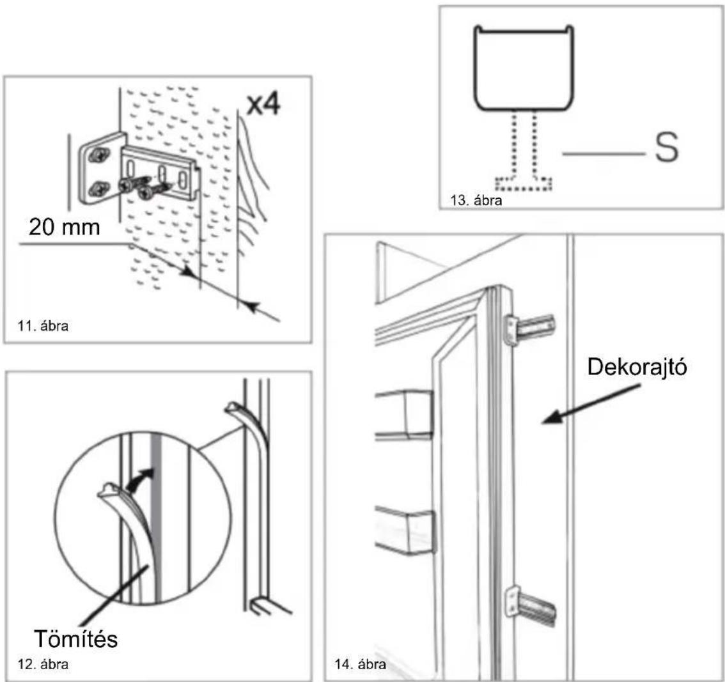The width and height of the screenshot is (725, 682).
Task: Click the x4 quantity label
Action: pyautogui.click(x=263, y=105)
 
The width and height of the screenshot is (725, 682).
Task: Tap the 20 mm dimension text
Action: pyautogui.click(x=65, y=228)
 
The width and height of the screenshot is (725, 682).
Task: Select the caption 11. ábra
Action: pyautogui.click(x=43, y=326)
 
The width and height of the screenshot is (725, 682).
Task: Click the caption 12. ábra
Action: pyautogui.click(x=43, y=665)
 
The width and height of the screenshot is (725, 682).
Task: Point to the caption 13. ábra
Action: pyautogui.click(x=476, y=200)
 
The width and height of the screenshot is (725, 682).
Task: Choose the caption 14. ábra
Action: pyautogui.click(x=360, y=665)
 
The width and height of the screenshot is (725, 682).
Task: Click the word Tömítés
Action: pyautogui.click(x=76, y=639)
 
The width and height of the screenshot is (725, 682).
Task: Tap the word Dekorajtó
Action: pyautogui.click(x=637, y=367)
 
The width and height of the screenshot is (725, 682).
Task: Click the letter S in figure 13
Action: pyautogui.click(x=666, y=148)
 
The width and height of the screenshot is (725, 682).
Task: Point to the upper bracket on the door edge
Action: pyautogui.click(x=530, y=329)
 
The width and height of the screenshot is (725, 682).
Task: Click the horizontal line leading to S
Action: pyautogui.click(x=604, y=153)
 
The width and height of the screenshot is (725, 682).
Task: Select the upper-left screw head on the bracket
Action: pyautogui.click(x=99, y=155)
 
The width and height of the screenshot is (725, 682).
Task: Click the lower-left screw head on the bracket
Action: pyautogui.click(x=99, y=188)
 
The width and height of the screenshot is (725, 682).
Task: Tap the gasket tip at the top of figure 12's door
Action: pyautogui.click(x=235, y=408)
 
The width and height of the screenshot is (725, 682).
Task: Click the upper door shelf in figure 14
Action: pyautogui.click(x=404, y=414)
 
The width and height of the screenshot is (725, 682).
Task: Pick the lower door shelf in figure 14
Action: pyautogui.click(x=405, y=530)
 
